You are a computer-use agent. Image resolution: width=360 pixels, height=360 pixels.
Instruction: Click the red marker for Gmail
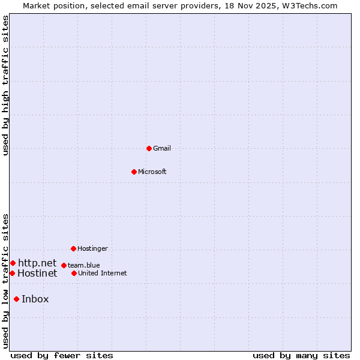[149, 148]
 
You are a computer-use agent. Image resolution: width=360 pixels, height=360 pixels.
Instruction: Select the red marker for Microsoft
[134, 172]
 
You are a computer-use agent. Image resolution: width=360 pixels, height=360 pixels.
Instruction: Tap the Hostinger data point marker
[73, 248]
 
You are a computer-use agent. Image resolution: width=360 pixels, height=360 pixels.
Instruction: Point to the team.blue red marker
[64, 265]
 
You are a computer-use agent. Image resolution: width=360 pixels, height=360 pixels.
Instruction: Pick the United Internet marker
[74, 273]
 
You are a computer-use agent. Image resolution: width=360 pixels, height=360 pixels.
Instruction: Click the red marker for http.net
[13, 263]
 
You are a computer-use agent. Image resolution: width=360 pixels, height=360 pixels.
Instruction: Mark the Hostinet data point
[12, 273]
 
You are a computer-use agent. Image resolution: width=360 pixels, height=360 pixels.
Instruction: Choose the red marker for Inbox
[16, 299]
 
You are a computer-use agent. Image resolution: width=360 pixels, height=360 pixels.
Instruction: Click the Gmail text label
[162, 148]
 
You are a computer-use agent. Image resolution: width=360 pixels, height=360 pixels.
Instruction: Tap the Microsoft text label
[152, 172]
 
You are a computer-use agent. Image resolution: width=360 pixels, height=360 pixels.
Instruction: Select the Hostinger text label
[92, 248]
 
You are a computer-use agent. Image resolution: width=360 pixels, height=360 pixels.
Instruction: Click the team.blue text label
[84, 265]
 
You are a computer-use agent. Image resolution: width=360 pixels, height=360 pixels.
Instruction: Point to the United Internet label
[103, 273]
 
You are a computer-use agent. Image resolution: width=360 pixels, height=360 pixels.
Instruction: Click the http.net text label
[37, 263]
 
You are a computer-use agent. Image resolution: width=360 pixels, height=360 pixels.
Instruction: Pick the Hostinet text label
[37, 274]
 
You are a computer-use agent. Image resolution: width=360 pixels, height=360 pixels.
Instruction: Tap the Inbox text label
[35, 299]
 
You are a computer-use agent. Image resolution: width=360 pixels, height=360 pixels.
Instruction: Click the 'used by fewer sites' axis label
[62, 355]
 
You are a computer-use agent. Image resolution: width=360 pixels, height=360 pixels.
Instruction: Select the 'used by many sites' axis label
[301, 355]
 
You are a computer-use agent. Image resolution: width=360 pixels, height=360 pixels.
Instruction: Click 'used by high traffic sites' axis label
[6, 85]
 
